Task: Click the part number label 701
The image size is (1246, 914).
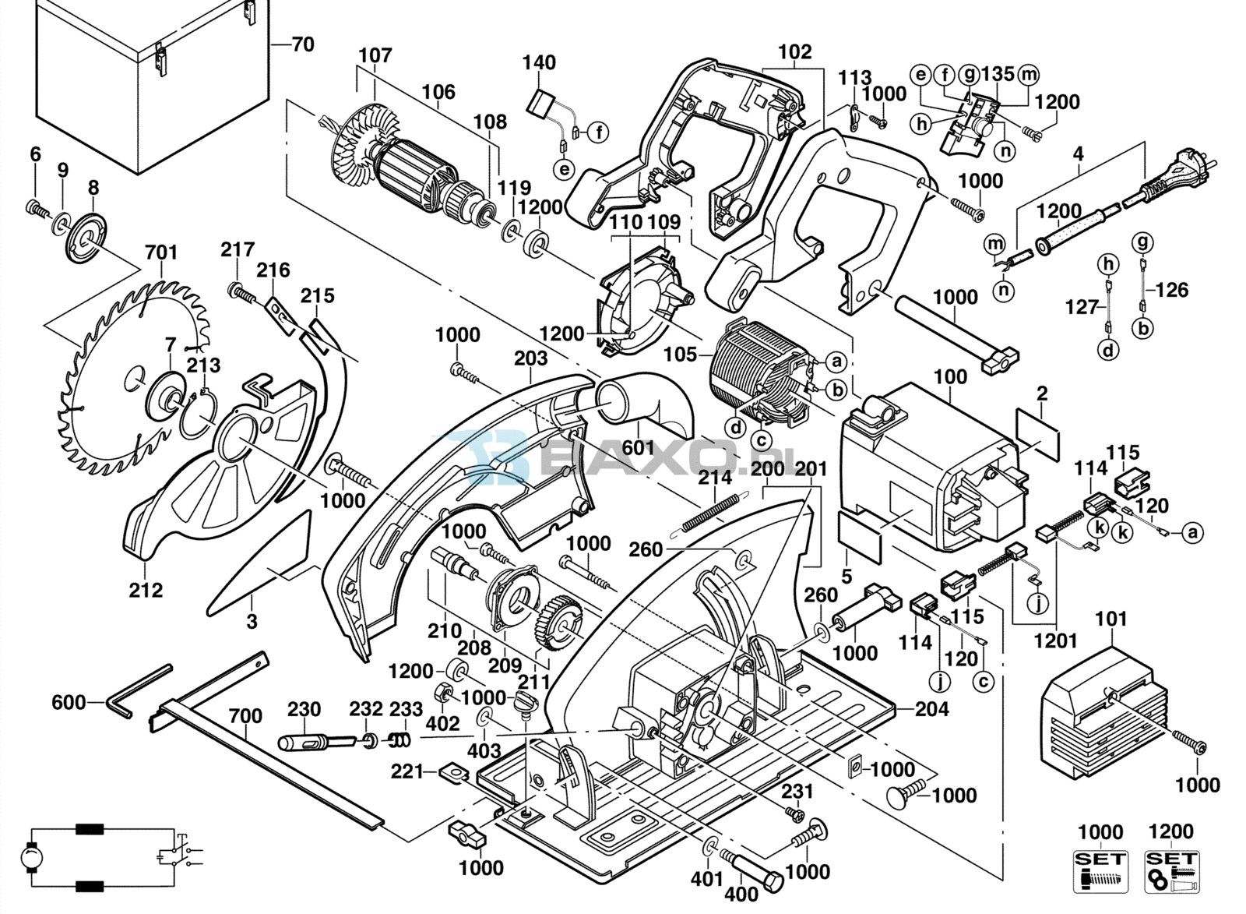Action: [x=161, y=252]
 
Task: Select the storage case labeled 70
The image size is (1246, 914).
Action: [x=148, y=86]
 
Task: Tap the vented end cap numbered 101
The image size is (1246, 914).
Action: [x=1098, y=709]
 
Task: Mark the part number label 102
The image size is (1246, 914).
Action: [x=795, y=52]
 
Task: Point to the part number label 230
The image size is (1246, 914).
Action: [x=304, y=709]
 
